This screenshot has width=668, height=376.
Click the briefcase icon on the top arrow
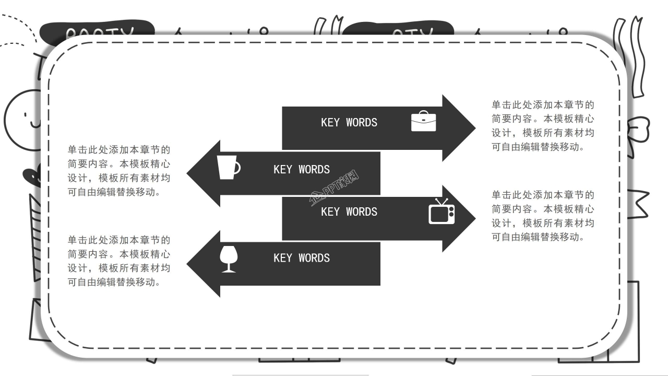423,121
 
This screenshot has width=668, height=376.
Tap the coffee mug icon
228,167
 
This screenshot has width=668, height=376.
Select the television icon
442,211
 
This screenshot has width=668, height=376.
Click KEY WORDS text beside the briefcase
349,123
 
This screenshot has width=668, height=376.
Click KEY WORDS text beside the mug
302,170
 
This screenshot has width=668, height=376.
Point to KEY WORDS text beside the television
349,212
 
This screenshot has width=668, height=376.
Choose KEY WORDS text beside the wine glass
302,258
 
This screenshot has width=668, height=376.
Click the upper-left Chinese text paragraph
119,171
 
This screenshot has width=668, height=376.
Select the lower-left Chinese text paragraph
119,261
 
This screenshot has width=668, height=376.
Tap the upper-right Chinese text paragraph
543,126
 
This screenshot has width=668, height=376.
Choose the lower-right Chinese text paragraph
543,216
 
